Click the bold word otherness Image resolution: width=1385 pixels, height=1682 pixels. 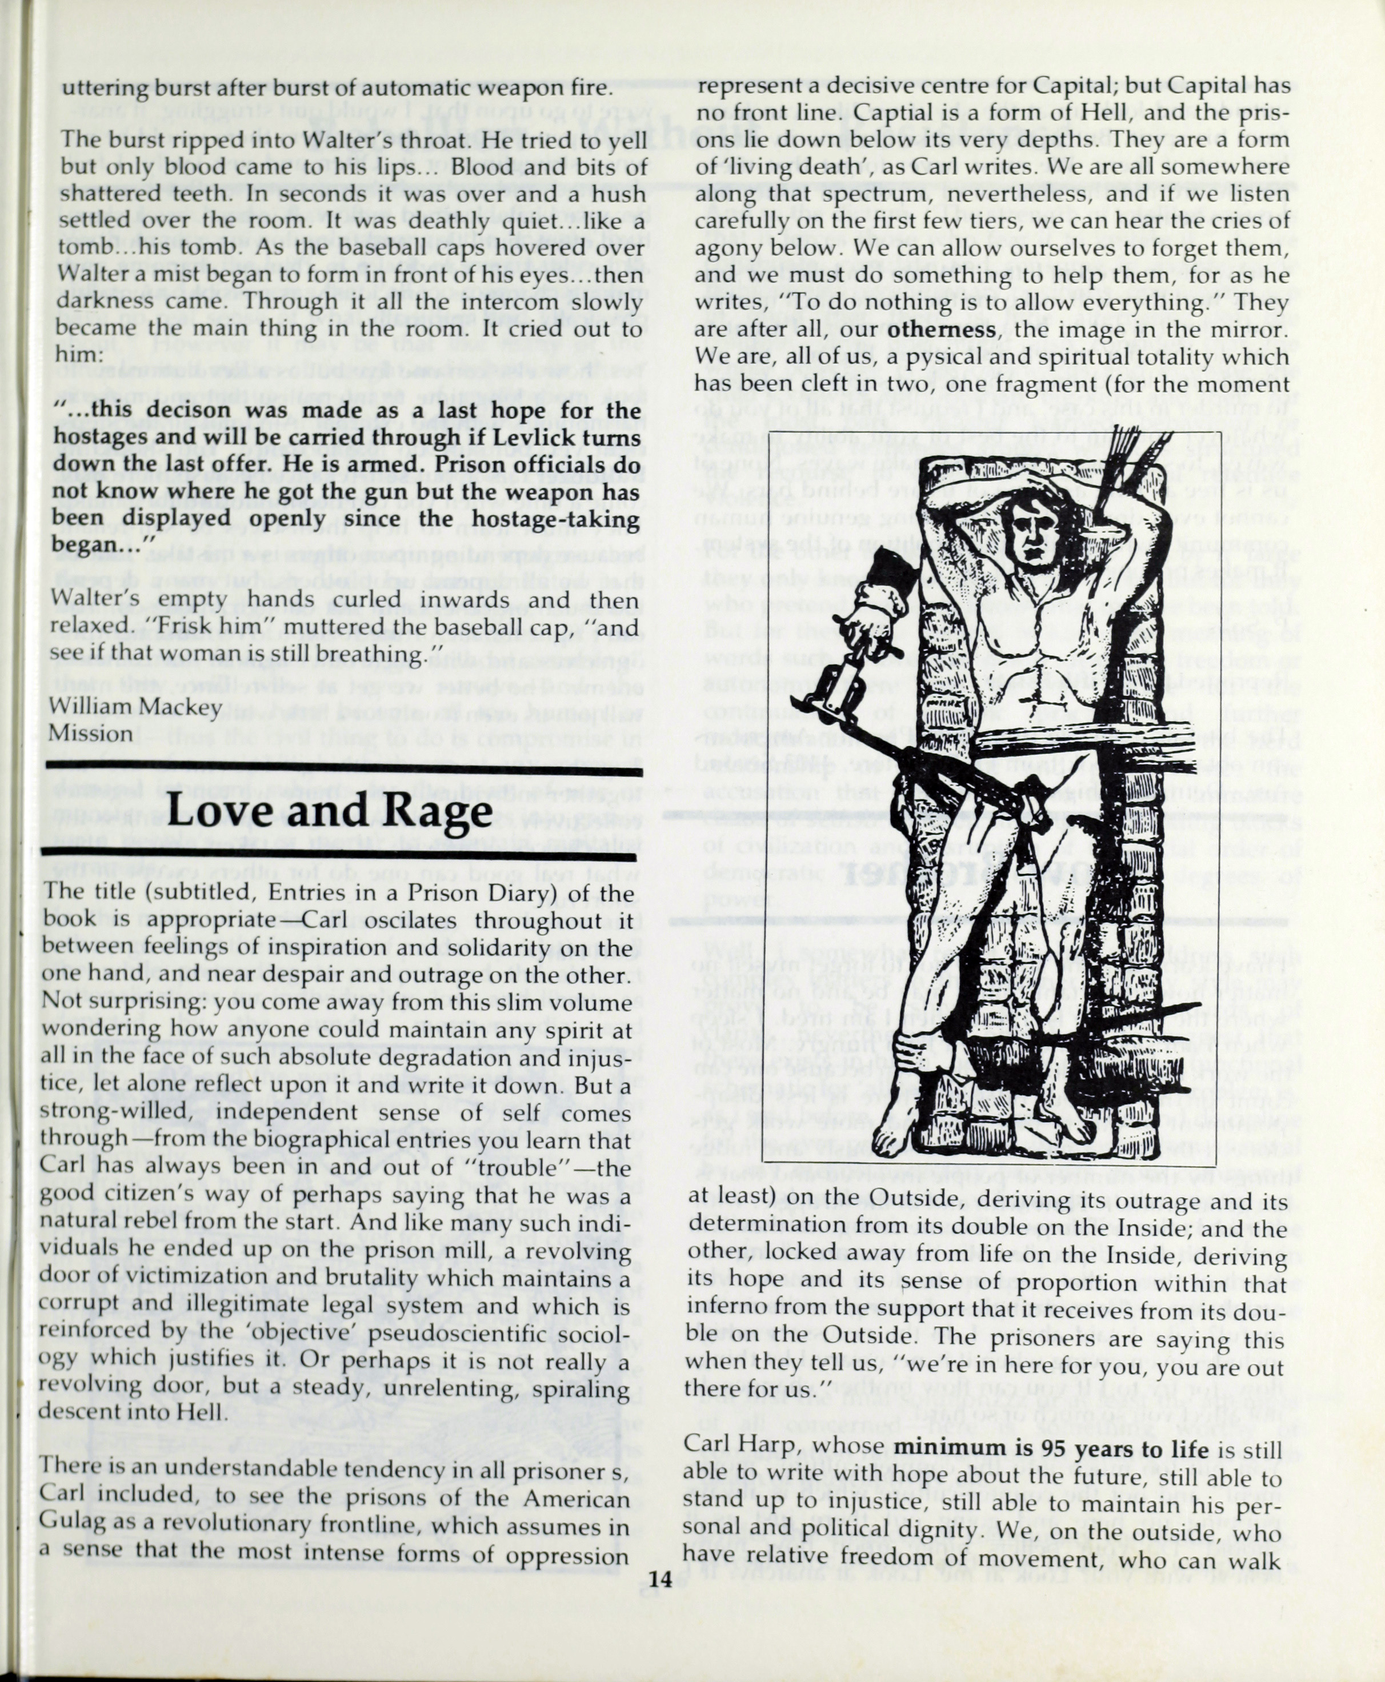click(x=942, y=330)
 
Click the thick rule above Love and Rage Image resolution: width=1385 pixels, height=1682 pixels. click(x=343, y=771)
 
